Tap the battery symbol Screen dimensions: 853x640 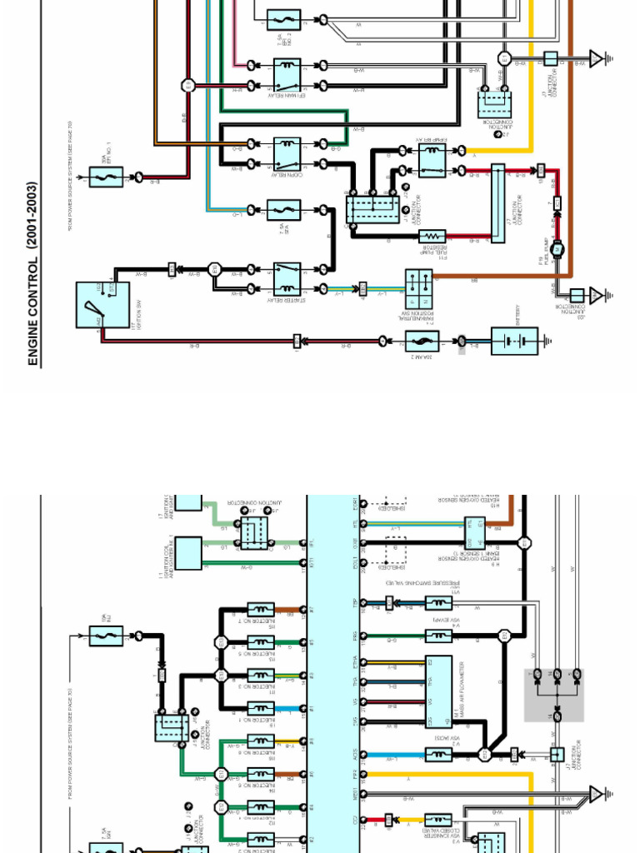514,342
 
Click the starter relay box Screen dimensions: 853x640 287,279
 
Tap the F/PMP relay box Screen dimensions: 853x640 432,160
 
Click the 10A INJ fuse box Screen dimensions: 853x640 106,636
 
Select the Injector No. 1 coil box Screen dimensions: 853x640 261,709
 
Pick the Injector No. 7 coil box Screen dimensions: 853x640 261,611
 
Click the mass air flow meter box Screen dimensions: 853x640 438,692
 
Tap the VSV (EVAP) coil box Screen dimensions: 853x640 438,636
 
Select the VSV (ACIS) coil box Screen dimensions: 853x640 438,755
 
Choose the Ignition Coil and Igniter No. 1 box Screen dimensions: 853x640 188,553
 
